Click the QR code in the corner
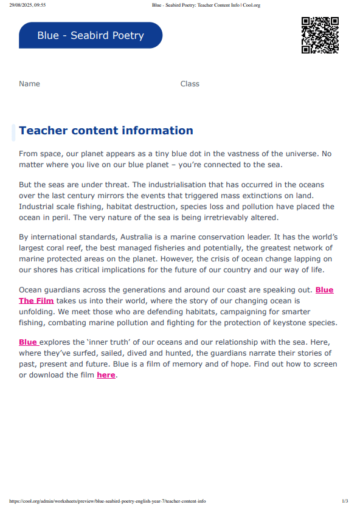(x=320, y=35)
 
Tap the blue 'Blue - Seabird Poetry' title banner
(x=91, y=35)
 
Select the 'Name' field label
(x=29, y=84)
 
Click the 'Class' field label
(x=190, y=84)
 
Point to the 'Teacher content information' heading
(x=106, y=131)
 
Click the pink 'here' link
(x=106, y=375)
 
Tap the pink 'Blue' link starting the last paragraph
(x=28, y=342)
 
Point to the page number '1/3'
(x=345, y=501)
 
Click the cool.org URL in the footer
(x=108, y=501)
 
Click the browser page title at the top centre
(x=206, y=5)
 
